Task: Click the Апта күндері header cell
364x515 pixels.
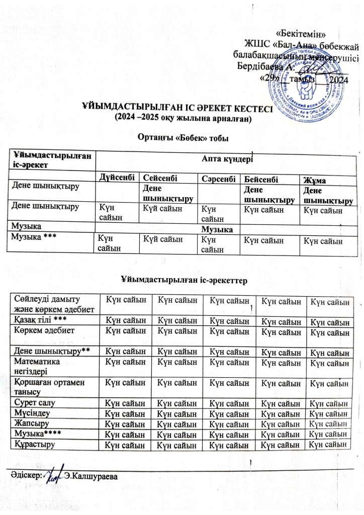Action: point(227,157)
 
